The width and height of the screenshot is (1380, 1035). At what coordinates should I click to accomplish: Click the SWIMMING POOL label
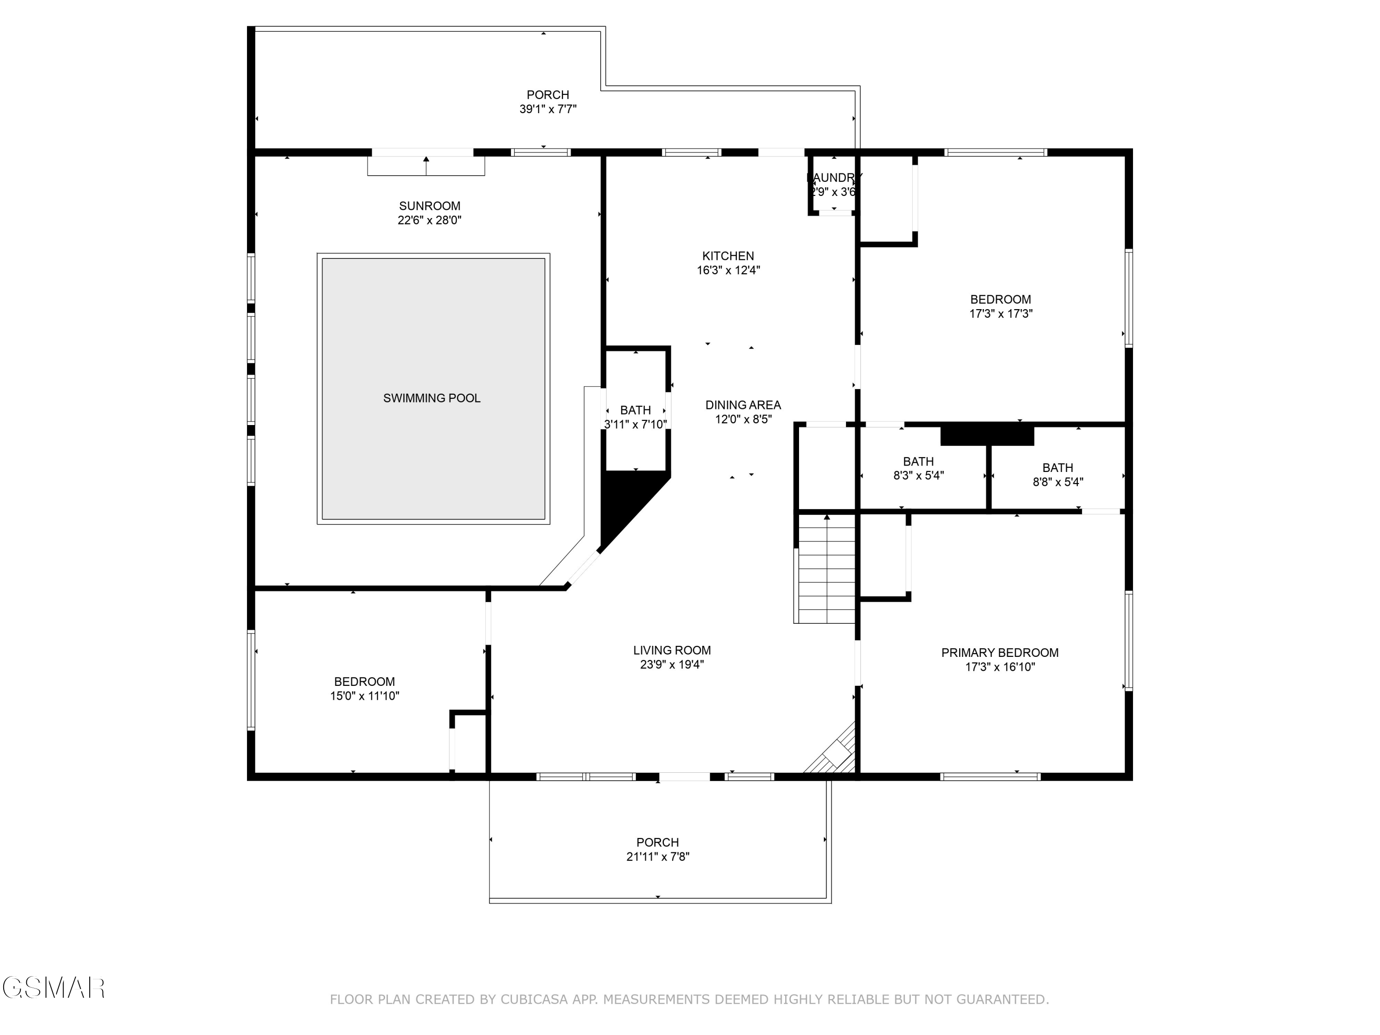(432, 398)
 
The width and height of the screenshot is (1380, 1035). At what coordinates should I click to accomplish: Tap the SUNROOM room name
(429, 206)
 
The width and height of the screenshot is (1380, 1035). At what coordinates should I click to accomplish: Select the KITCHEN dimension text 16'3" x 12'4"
(728, 270)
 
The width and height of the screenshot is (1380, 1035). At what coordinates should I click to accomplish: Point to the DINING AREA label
(743, 405)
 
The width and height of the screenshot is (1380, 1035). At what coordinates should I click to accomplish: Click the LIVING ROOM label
(672, 650)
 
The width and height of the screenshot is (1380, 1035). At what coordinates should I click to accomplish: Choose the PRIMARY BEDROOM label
(1000, 653)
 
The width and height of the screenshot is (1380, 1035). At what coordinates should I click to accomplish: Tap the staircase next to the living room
(827, 569)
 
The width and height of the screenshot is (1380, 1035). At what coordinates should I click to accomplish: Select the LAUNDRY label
(834, 178)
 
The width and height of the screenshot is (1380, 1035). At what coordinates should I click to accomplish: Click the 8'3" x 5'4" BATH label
(918, 462)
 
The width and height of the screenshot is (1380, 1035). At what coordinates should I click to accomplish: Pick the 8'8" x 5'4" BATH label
(1058, 468)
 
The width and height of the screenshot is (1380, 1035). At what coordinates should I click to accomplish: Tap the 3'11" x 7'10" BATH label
(635, 410)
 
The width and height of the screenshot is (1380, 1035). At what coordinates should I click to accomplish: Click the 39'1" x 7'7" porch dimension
(548, 109)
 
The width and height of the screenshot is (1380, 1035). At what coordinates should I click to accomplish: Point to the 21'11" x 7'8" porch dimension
(657, 857)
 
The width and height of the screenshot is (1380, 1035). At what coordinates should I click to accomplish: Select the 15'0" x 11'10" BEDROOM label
(364, 682)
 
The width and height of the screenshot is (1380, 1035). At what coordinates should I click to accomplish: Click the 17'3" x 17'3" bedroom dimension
(1000, 314)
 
